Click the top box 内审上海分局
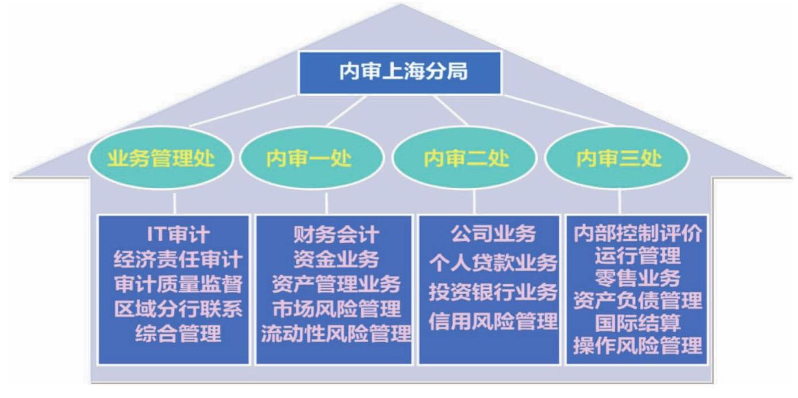[x=400, y=73]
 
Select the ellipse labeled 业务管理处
[x=161, y=158]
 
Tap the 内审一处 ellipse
[x=312, y=158]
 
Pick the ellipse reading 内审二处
[x=464, y=158]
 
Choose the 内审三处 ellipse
[x=618, y=158]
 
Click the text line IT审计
[x=178, y=234]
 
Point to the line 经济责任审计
[x=178, y=259]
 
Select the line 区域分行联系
[x=178, y=308]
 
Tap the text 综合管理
[x=178, y=334]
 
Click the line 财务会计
[x=336, y=234]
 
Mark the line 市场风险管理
[x=336, y=308]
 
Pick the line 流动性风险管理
[x=336, y=334]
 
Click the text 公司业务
[x=493, y=234]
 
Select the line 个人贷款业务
[x=493, y=263]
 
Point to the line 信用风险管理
[x=493, y=321]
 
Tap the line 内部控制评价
[x=638, y=234]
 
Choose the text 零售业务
[x=638, y=278]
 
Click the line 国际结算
[x=638, y=323]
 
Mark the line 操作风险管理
[x=638, y=345]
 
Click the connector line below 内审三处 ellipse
[x=620, y=202]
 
